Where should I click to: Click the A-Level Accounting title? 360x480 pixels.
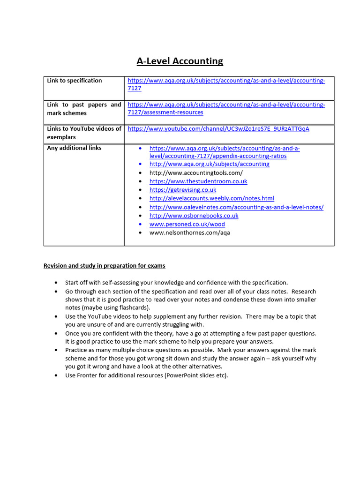(180, 61)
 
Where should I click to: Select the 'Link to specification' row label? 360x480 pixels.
(74, 81)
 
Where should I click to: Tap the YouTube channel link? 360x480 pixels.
(218, 129)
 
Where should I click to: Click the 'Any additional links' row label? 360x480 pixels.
(74, 148)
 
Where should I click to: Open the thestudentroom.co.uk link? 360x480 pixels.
(198, 181)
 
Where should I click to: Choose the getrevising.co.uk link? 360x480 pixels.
(183, 190)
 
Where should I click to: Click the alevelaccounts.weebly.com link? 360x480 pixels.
(212, 198)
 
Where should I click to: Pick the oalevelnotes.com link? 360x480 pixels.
(236, 207)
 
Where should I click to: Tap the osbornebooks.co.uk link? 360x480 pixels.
(194, 216)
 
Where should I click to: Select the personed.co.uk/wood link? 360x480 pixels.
(187, 224)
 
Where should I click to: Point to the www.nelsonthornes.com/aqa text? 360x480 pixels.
(190, 232)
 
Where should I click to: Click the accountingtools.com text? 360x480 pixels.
(196, 173)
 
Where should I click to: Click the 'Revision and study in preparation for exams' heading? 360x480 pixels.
(104, 266)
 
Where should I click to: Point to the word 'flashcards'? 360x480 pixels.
(133, 308)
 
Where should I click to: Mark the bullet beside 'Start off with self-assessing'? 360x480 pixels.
(57, 283)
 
